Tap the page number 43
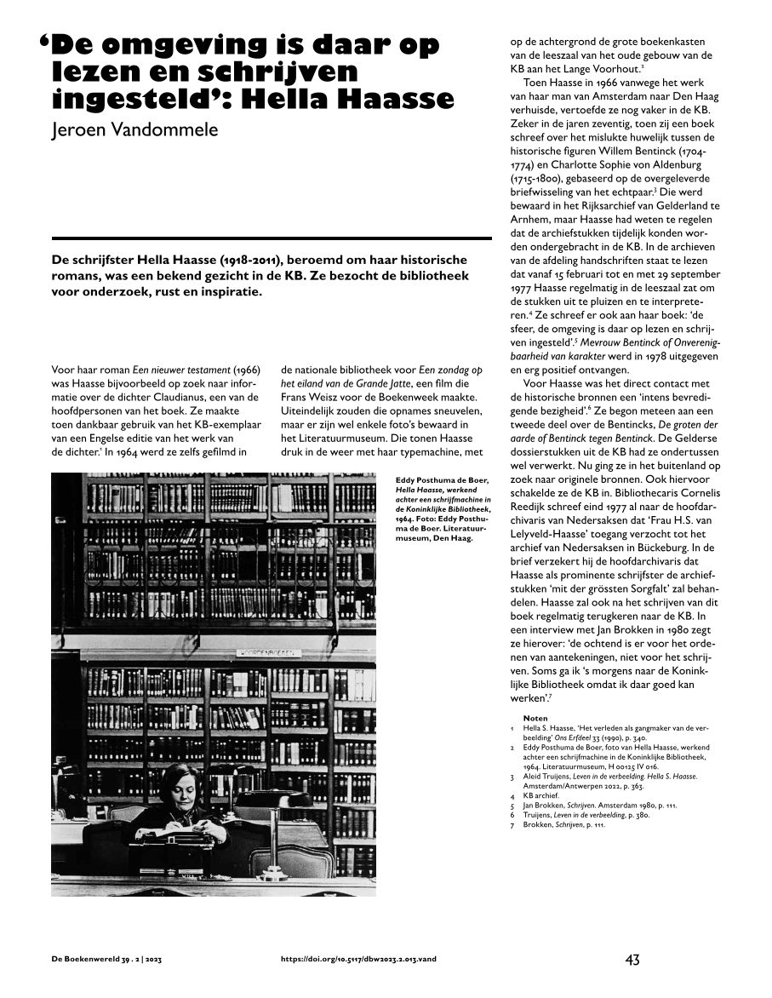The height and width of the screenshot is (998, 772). click(x=632, y=960)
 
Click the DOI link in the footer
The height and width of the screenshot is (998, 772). click(x=358, y=959)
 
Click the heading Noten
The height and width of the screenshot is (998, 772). click(x=535, y=718)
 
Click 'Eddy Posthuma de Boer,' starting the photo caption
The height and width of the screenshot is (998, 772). click(x=442, y=480)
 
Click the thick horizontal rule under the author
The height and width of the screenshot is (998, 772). click(x=272, y=238)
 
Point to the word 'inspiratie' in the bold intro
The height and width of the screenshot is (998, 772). click(x=228, y=292)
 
